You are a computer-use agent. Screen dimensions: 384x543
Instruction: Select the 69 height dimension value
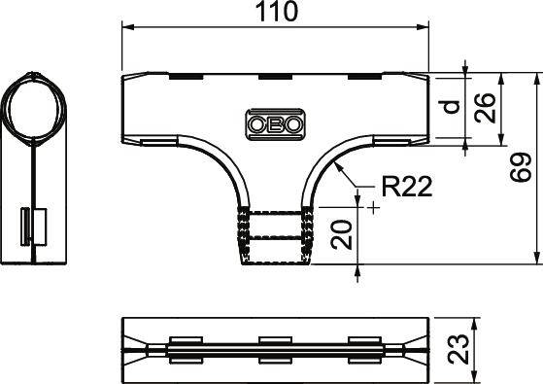coord(523,167)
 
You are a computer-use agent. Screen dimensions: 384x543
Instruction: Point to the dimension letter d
coord(450,105)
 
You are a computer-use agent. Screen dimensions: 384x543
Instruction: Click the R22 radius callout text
coord(405,184)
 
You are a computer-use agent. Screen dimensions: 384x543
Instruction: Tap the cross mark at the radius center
coord(373,206)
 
